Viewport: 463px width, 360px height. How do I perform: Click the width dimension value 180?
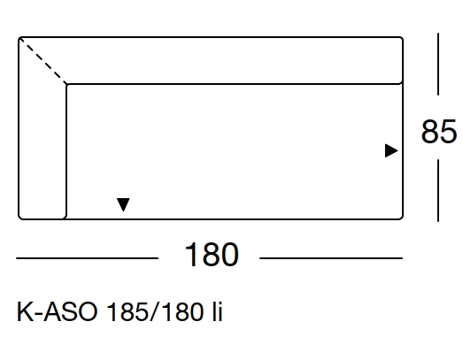tap(212, 255)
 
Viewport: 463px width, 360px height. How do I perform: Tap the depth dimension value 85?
tap(439, 132)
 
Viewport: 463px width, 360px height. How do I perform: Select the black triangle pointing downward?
tap(123, 204)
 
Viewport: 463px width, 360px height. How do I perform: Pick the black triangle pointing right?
tap(391, 150)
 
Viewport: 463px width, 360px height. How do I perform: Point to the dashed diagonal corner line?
tap(43, 61)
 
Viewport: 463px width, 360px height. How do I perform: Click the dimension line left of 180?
tap(87, 258)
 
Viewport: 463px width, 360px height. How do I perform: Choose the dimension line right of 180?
tap(331, 258)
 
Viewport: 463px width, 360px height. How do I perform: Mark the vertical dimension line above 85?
tap(438, 64)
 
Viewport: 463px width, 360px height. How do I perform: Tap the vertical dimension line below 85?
tap(438, 190)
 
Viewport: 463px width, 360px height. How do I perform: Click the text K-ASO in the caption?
tap(57, 312)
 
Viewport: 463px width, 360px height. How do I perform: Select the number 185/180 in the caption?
tap(155, 312)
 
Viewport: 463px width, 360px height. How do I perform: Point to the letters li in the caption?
tap(217, 311)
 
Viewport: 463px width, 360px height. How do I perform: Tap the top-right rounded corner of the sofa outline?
tap(401, 39)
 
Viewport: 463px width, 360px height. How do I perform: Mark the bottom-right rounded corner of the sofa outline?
tap(401, 218)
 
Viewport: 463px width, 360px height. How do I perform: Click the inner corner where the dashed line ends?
tap(66, 84)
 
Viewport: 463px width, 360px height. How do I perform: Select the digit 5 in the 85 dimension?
tap(448, 132)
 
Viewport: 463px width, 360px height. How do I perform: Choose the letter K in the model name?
tap(25, 312)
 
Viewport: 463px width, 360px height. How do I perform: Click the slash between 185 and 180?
tap(155, 312)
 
